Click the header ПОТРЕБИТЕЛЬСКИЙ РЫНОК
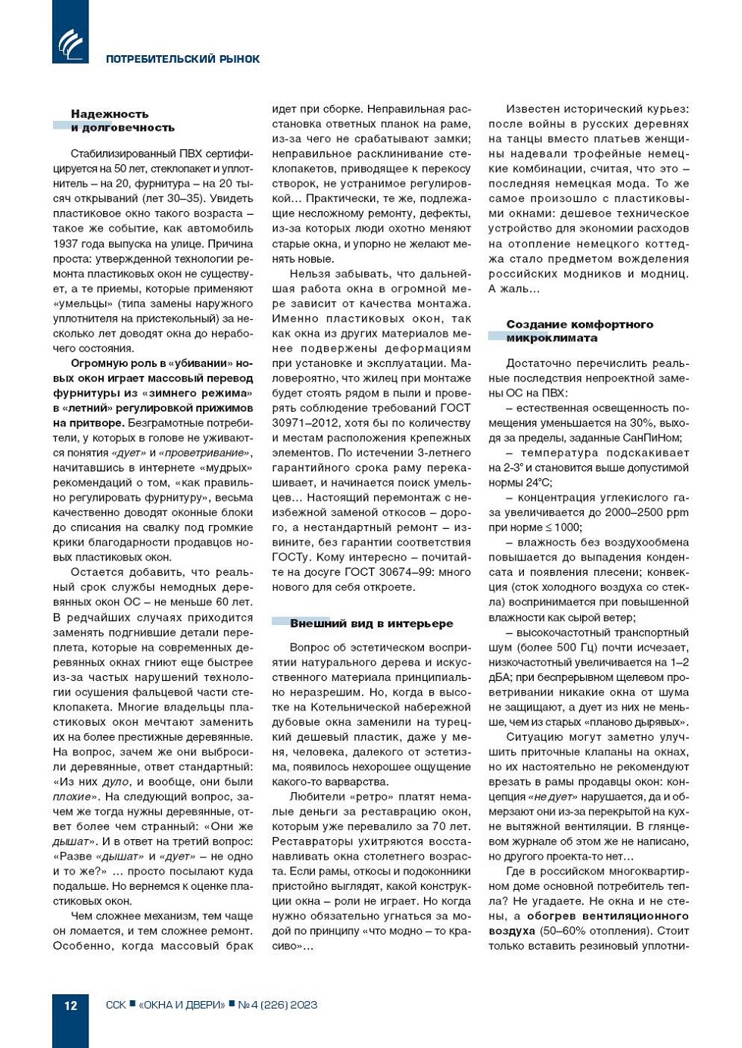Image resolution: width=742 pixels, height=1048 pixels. pyautogui.click(x=182, y=59)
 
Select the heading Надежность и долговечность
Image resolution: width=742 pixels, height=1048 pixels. pyautogui.click(x=122, y=121)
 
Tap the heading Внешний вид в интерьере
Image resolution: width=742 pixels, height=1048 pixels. pyautogui.click(x=371, y=624)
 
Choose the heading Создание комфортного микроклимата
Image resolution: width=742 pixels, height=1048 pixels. pyautogui.click(x=579, y=331)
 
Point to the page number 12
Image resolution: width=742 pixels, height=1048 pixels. pyautogui.click(x=70, y=1005)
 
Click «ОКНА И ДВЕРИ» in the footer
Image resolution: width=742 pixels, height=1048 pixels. pyautogui.click(x=182, y=1005)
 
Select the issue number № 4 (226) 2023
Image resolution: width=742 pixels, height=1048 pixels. pyautogui.click(x=277, y=1005)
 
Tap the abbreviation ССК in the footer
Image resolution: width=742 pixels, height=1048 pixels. pyautogui.click(x=116, y=1005)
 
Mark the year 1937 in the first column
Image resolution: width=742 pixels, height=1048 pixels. pyautogui.click(x=67, y=244)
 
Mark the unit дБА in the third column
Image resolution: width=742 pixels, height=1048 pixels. pyautogui.click(x=500, y=677)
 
